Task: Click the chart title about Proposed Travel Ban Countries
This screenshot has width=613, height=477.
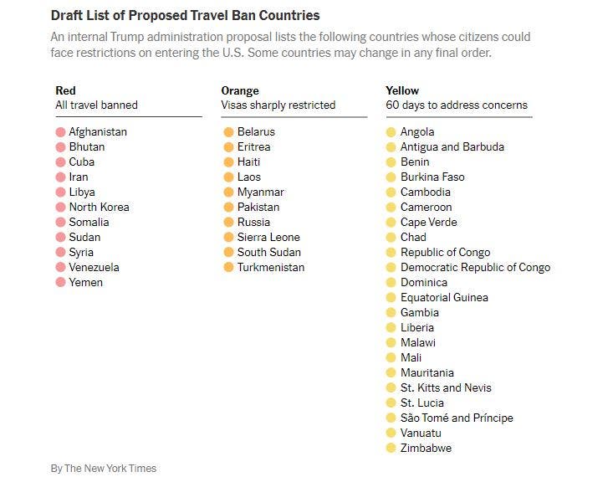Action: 185,16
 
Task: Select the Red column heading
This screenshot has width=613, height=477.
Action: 65,90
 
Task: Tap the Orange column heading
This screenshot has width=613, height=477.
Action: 240,90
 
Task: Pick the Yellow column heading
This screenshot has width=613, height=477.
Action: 402,90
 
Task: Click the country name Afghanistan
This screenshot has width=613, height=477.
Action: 98,131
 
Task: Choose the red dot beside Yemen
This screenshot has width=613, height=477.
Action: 60,283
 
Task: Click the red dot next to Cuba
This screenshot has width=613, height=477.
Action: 60,162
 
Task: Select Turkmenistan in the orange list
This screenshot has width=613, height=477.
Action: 270,267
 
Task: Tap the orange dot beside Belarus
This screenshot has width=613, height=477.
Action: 228,132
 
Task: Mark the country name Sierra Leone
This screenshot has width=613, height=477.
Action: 268,237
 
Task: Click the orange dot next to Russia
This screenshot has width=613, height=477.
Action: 228,223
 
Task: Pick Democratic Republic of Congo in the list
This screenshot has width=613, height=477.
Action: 475,267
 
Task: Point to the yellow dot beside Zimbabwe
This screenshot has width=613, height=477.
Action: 391,449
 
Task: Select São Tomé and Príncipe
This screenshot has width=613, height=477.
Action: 457,418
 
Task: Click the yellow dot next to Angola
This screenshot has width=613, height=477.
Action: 391,132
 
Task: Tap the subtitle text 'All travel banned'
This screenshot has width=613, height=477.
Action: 96,105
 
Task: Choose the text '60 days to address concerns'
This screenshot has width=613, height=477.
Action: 457,105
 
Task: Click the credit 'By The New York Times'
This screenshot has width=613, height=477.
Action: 103,468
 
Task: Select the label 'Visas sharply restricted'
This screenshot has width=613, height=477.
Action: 278,105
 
